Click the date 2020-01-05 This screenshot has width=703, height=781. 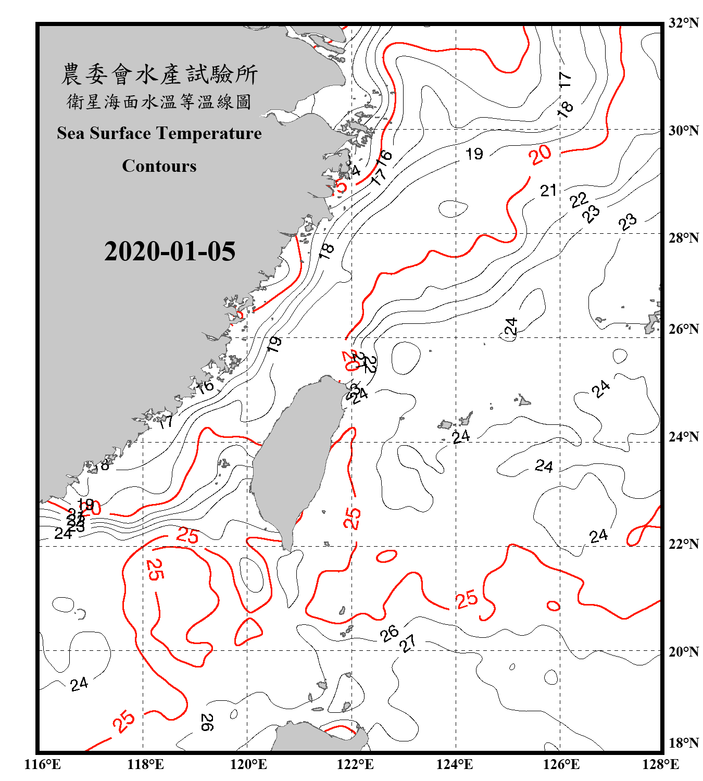coord(170,251)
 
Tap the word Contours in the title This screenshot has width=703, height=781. coord(159,166)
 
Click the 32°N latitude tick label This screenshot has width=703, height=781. coord(684,23)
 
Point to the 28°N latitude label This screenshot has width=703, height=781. coord(684,238)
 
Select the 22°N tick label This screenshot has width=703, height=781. coord(684,544)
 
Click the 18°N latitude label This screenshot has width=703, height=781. coord(684,743)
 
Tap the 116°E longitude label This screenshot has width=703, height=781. coord(43,764)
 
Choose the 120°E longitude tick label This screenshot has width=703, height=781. coord(248,764)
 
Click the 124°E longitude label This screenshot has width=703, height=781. coord(455,764)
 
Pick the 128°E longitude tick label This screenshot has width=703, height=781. coord(660,764)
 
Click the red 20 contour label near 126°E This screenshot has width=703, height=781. coord(540,155)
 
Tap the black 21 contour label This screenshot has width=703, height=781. coord(548,191)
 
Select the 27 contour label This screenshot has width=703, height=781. coord(408,643)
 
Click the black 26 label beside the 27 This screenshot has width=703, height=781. coord(389,634)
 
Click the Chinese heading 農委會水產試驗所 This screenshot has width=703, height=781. coord(159,74)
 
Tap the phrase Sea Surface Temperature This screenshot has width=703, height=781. coord(159,133)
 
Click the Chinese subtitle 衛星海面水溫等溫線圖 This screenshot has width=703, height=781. coord(159,102)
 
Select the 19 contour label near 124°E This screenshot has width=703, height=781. coord(474,154)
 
